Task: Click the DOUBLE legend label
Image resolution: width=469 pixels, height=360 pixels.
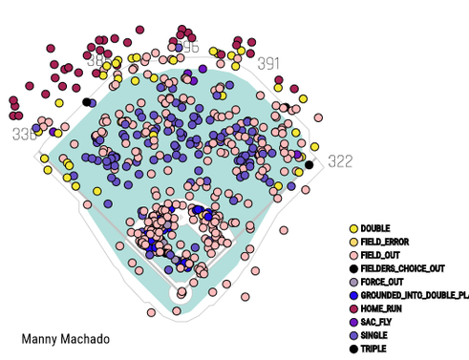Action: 375,228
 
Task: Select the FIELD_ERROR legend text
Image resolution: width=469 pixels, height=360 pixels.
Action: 384,242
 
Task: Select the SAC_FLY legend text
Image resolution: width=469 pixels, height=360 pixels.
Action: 377,322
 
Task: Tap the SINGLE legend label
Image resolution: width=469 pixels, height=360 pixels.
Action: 375,335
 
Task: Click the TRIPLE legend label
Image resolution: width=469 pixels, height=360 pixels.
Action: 375,349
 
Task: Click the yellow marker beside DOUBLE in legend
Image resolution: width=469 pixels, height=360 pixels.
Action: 353,228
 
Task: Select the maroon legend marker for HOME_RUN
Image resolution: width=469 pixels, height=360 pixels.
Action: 353,308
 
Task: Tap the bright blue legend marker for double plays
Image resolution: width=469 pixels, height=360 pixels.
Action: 353,295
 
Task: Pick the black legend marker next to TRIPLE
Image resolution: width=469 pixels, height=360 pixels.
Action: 353,349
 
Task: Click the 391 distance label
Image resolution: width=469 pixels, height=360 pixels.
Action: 268,64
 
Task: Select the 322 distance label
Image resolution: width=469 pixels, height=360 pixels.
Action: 340,161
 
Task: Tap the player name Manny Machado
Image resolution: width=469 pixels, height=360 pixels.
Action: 65,339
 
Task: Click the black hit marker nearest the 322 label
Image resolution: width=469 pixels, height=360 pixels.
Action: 309,165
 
